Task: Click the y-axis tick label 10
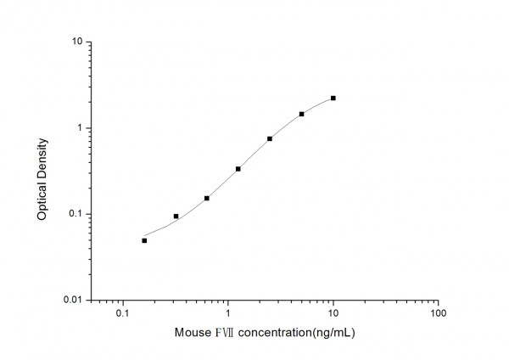click(x=76, y=42)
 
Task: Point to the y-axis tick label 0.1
click(x=75, y=214)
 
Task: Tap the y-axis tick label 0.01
click(x=72, y=301)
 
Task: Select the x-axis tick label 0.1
click(x=122, y=314)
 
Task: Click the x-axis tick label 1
click(x=228, y=314)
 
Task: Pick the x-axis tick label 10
click(x=333, y=314)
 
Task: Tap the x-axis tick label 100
click(x=439, y=314)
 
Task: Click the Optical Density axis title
click(x=42, y=171)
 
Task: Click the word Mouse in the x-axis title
click(x=193, y=333)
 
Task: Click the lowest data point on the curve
click(x=144, y=240)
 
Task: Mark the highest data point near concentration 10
click(x=333, y=98)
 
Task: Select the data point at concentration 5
click(x=301, y=114)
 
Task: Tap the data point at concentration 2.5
click(x=270, y=138)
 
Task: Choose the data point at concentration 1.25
click(x=238, y=169)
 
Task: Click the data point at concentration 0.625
click(x=207, y=198)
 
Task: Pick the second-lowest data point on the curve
click(x=176, y=217)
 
